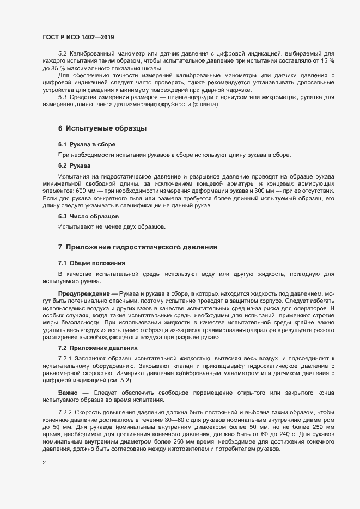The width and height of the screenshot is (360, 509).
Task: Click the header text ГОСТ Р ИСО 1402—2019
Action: pos(78,37)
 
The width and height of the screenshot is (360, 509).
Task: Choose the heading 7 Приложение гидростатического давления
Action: pos(138,247)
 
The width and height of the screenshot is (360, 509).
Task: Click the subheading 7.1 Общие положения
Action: pos(87,263)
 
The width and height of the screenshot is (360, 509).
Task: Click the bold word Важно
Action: pos(69,392)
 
